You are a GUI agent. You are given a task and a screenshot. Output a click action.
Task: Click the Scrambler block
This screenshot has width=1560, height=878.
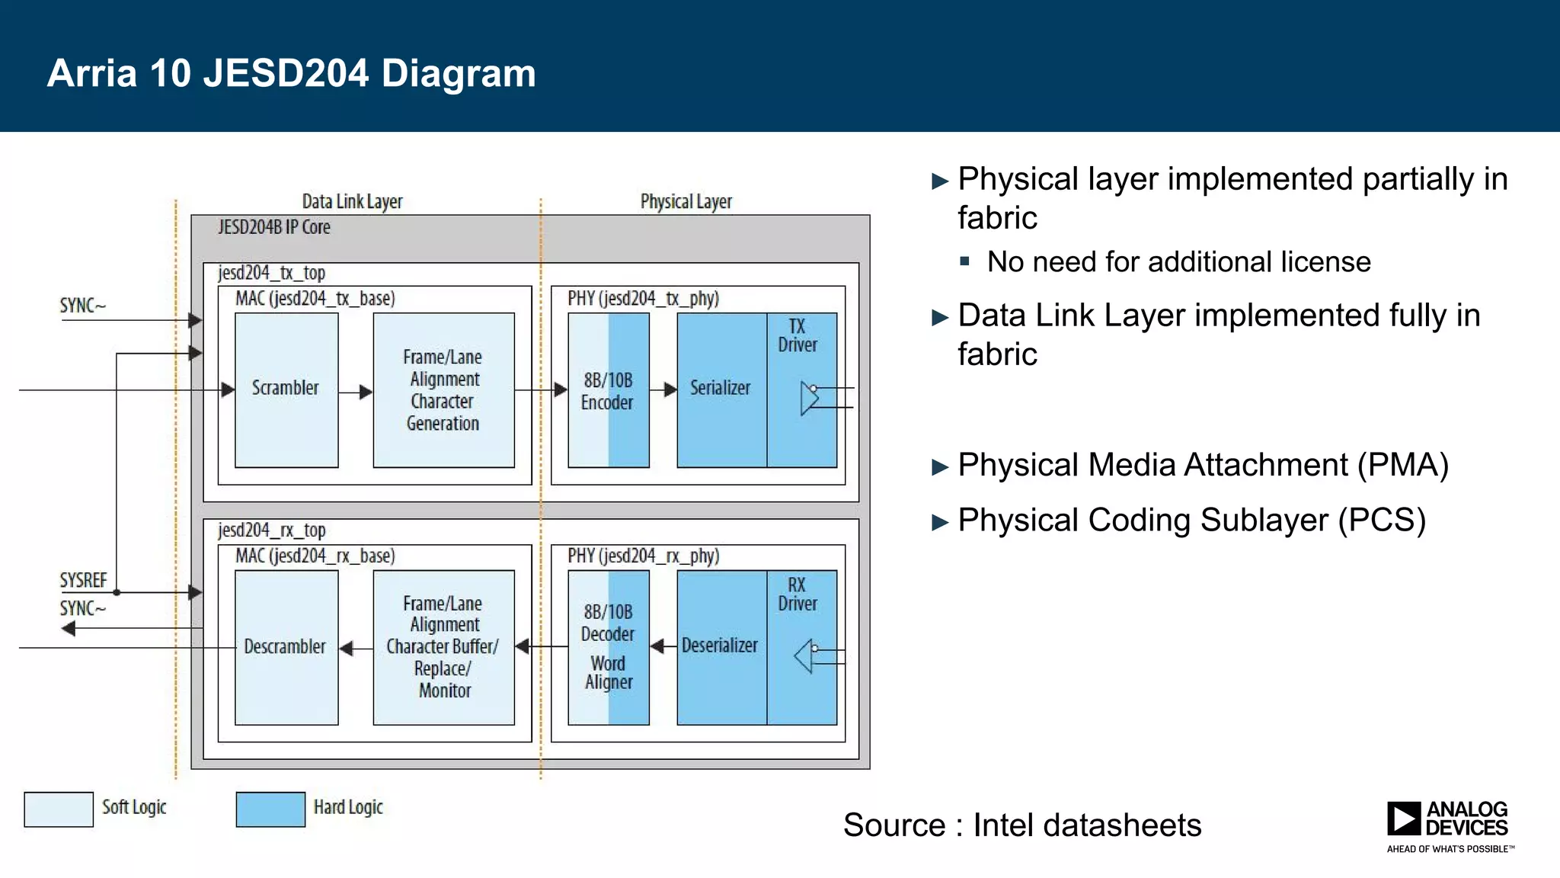pyautogui.click(x=286, y=389)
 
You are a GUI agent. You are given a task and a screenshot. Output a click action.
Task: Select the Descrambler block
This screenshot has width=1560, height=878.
pyautogui.click(x=286, y=647)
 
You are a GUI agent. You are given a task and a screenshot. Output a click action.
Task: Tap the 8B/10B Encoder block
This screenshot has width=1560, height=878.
pyautogui.click(x=608, y=390)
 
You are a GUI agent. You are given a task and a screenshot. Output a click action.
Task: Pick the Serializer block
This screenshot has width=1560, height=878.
pyautogui.click(x=721, y=389)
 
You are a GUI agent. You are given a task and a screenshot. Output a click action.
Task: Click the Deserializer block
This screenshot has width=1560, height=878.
pyautogui.click(x=721, y=647)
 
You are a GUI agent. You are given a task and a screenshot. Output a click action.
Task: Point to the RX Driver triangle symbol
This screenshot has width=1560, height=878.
pyautogui.click(x=804, y=656)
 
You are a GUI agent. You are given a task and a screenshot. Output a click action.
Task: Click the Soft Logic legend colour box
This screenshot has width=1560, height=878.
pyautogui.click(x=59, y=809)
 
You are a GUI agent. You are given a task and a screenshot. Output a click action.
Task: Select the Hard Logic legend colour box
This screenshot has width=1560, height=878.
pyautogui.click(x=270, y=809)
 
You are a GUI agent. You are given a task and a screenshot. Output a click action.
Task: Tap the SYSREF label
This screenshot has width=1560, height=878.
pyautogui.click(x=83, y=581)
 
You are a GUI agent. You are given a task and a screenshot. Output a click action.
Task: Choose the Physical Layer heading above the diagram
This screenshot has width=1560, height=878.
pyautogui.click(x=686, y=202)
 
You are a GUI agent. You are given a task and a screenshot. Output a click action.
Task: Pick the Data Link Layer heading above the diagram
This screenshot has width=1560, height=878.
pyautogui.click(x=352, y=202)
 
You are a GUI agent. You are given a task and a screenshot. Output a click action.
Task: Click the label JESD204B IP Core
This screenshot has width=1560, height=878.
pyautogui.click(x=273, y=227)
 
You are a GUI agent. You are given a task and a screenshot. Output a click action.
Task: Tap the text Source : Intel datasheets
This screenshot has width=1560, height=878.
pyautogui.click(x=1021, y=825)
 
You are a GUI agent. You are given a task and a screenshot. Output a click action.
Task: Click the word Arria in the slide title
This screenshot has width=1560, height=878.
pyautogui.click(x=91, y=74)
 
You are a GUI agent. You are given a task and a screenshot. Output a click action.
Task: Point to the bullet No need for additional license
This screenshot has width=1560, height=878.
pyautogui.click(x=1178, y=262)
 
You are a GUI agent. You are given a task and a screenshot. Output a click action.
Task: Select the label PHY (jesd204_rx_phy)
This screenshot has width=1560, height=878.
pyautogui.click(x=643, y=556)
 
